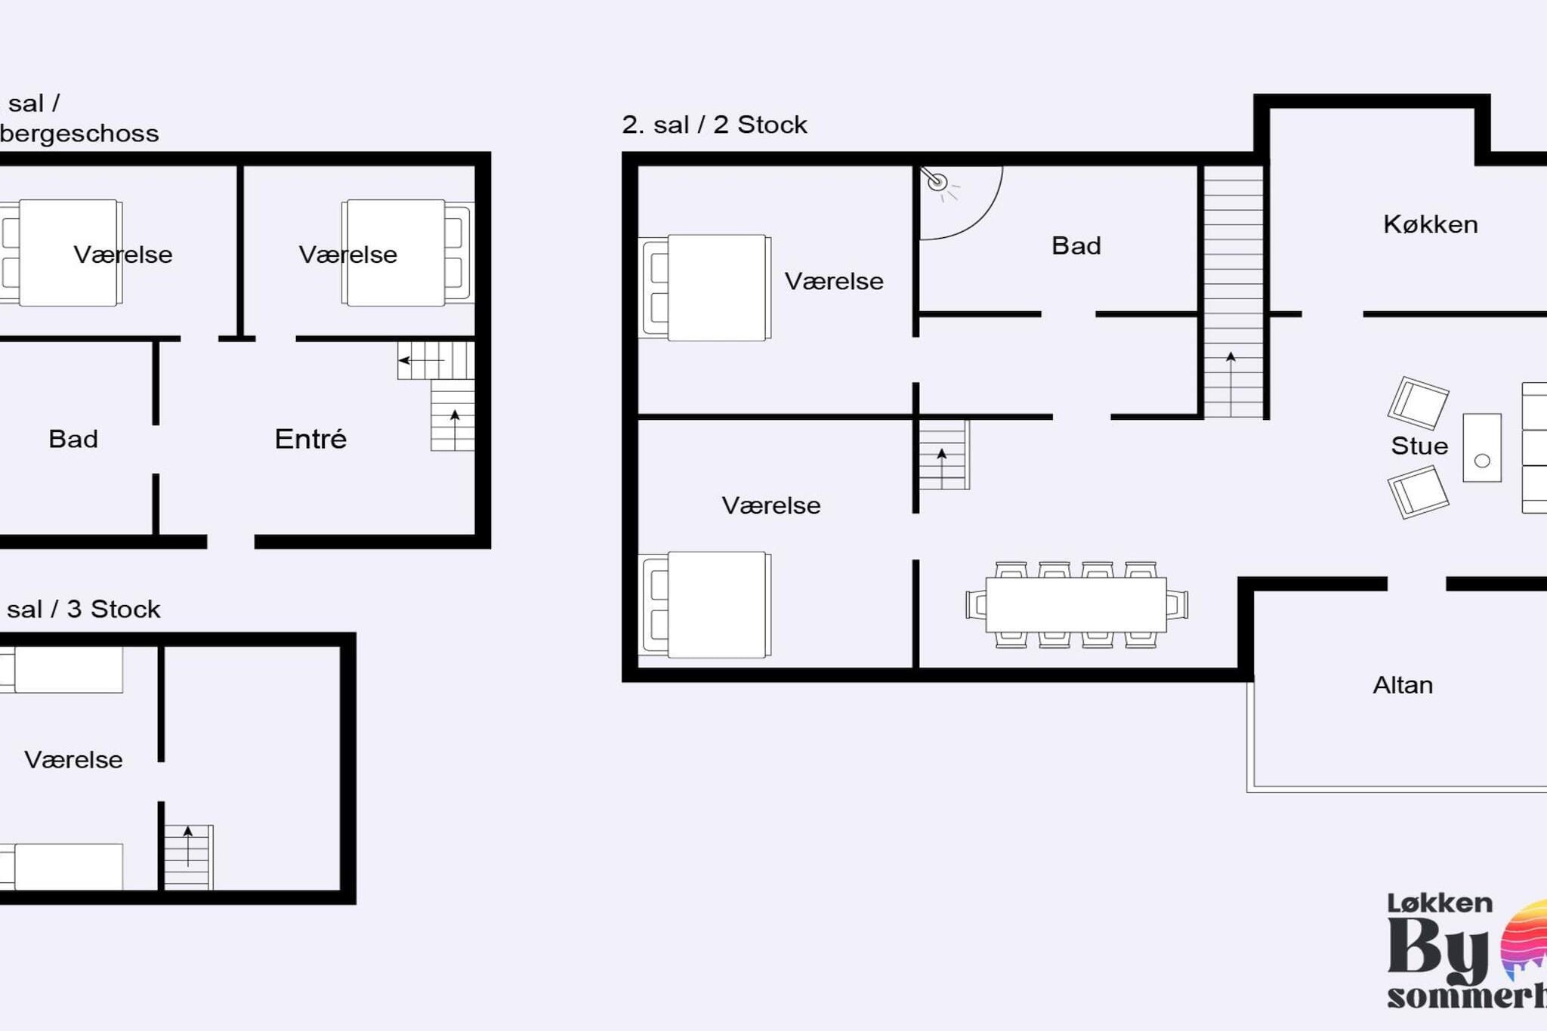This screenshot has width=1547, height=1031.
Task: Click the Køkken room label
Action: [x=1430, y=224]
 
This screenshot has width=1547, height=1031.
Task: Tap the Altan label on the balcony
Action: [x=1403, y=685]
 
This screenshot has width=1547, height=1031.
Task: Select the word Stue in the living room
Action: [x=1419, y=446]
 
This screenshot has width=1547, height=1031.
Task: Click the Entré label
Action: [x=310, y=439]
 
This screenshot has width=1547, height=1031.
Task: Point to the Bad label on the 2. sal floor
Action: [x=1076, y=245]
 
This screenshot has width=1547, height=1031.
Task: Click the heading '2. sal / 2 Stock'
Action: [x=714, y=125]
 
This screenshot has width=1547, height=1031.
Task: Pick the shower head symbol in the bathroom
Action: [x=937, y=181]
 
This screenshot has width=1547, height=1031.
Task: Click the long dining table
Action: [x=1076, y=604]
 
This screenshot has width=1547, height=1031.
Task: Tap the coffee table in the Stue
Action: [x=1481, y=447]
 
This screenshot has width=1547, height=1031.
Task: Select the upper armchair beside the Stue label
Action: [x=1418, y=403]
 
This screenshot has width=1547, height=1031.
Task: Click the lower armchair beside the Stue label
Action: [x=1418, y=492]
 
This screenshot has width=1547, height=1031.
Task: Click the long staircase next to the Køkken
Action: [x=1232, y=291]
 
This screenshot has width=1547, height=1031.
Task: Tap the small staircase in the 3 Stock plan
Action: [x=188, y=857]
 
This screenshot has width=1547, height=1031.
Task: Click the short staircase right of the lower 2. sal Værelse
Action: [x=943, y=455]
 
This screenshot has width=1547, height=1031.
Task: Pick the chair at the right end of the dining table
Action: [x=1177, y=604]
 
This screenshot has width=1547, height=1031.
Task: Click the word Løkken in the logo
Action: [x=1439, y=903]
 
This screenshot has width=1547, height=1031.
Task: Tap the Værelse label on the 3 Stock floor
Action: [x=73, y=760]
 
